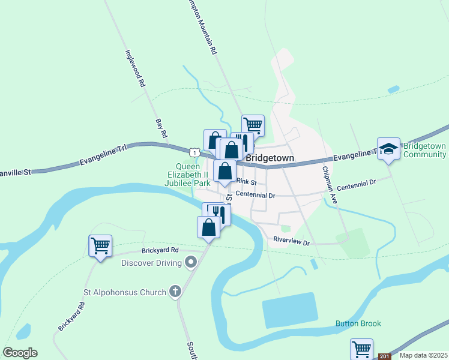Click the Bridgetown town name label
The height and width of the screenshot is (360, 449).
270,158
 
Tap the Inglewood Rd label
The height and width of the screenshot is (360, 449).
135,68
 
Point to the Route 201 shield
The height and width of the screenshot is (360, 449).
384,356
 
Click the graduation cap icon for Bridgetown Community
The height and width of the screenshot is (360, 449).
388,148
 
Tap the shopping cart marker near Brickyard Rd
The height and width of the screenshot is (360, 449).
100,245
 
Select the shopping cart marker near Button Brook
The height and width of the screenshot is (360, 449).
361,349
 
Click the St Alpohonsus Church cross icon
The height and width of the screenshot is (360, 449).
175,292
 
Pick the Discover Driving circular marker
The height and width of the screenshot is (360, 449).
191,262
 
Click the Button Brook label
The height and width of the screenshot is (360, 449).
358,324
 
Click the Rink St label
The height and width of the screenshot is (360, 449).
246,181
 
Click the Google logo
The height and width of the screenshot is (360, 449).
20,353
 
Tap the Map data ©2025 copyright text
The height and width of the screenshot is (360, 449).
423,355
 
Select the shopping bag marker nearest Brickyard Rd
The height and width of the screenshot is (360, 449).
208,227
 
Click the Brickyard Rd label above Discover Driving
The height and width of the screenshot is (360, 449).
161,250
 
